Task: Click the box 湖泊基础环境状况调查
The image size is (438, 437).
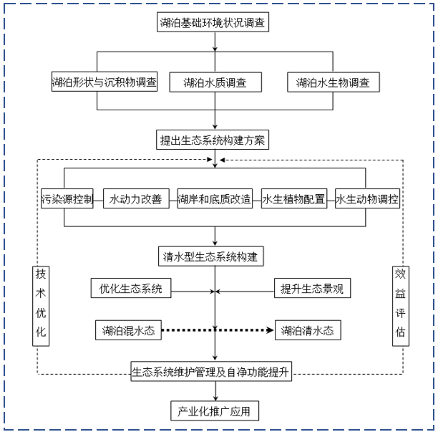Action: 214,23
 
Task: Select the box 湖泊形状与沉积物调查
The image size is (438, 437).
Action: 104,82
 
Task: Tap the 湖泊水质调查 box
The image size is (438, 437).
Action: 214,82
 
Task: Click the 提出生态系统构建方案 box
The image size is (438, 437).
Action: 214,140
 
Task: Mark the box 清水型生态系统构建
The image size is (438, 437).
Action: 214,256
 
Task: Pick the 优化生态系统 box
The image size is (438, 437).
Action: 131,289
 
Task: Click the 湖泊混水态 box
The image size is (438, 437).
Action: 128,330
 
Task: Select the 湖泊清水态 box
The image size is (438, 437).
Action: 307,330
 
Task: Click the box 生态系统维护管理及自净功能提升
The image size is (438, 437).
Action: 215,372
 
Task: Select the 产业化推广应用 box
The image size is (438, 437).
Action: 214,411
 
